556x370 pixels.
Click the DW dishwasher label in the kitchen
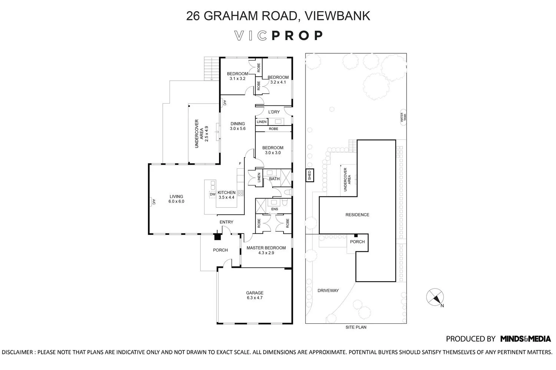tap(212, 194)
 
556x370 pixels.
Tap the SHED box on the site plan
tap(310, 175)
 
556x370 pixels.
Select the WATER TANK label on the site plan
tap(403, 118)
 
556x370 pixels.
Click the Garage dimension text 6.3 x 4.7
tap(255, 297)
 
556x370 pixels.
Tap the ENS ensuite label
tap(274, 209)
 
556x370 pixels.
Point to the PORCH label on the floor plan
tap(220, 250)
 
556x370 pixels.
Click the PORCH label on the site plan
tap(357, 242)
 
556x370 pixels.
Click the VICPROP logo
tap(278, 36)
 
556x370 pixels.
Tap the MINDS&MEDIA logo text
tap(525, 339)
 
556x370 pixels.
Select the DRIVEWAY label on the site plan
tap(328, 290)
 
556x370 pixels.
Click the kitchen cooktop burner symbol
tap(240, 193)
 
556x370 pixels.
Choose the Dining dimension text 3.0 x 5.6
tap(238, 129)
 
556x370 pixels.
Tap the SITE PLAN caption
tap(356, 327)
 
